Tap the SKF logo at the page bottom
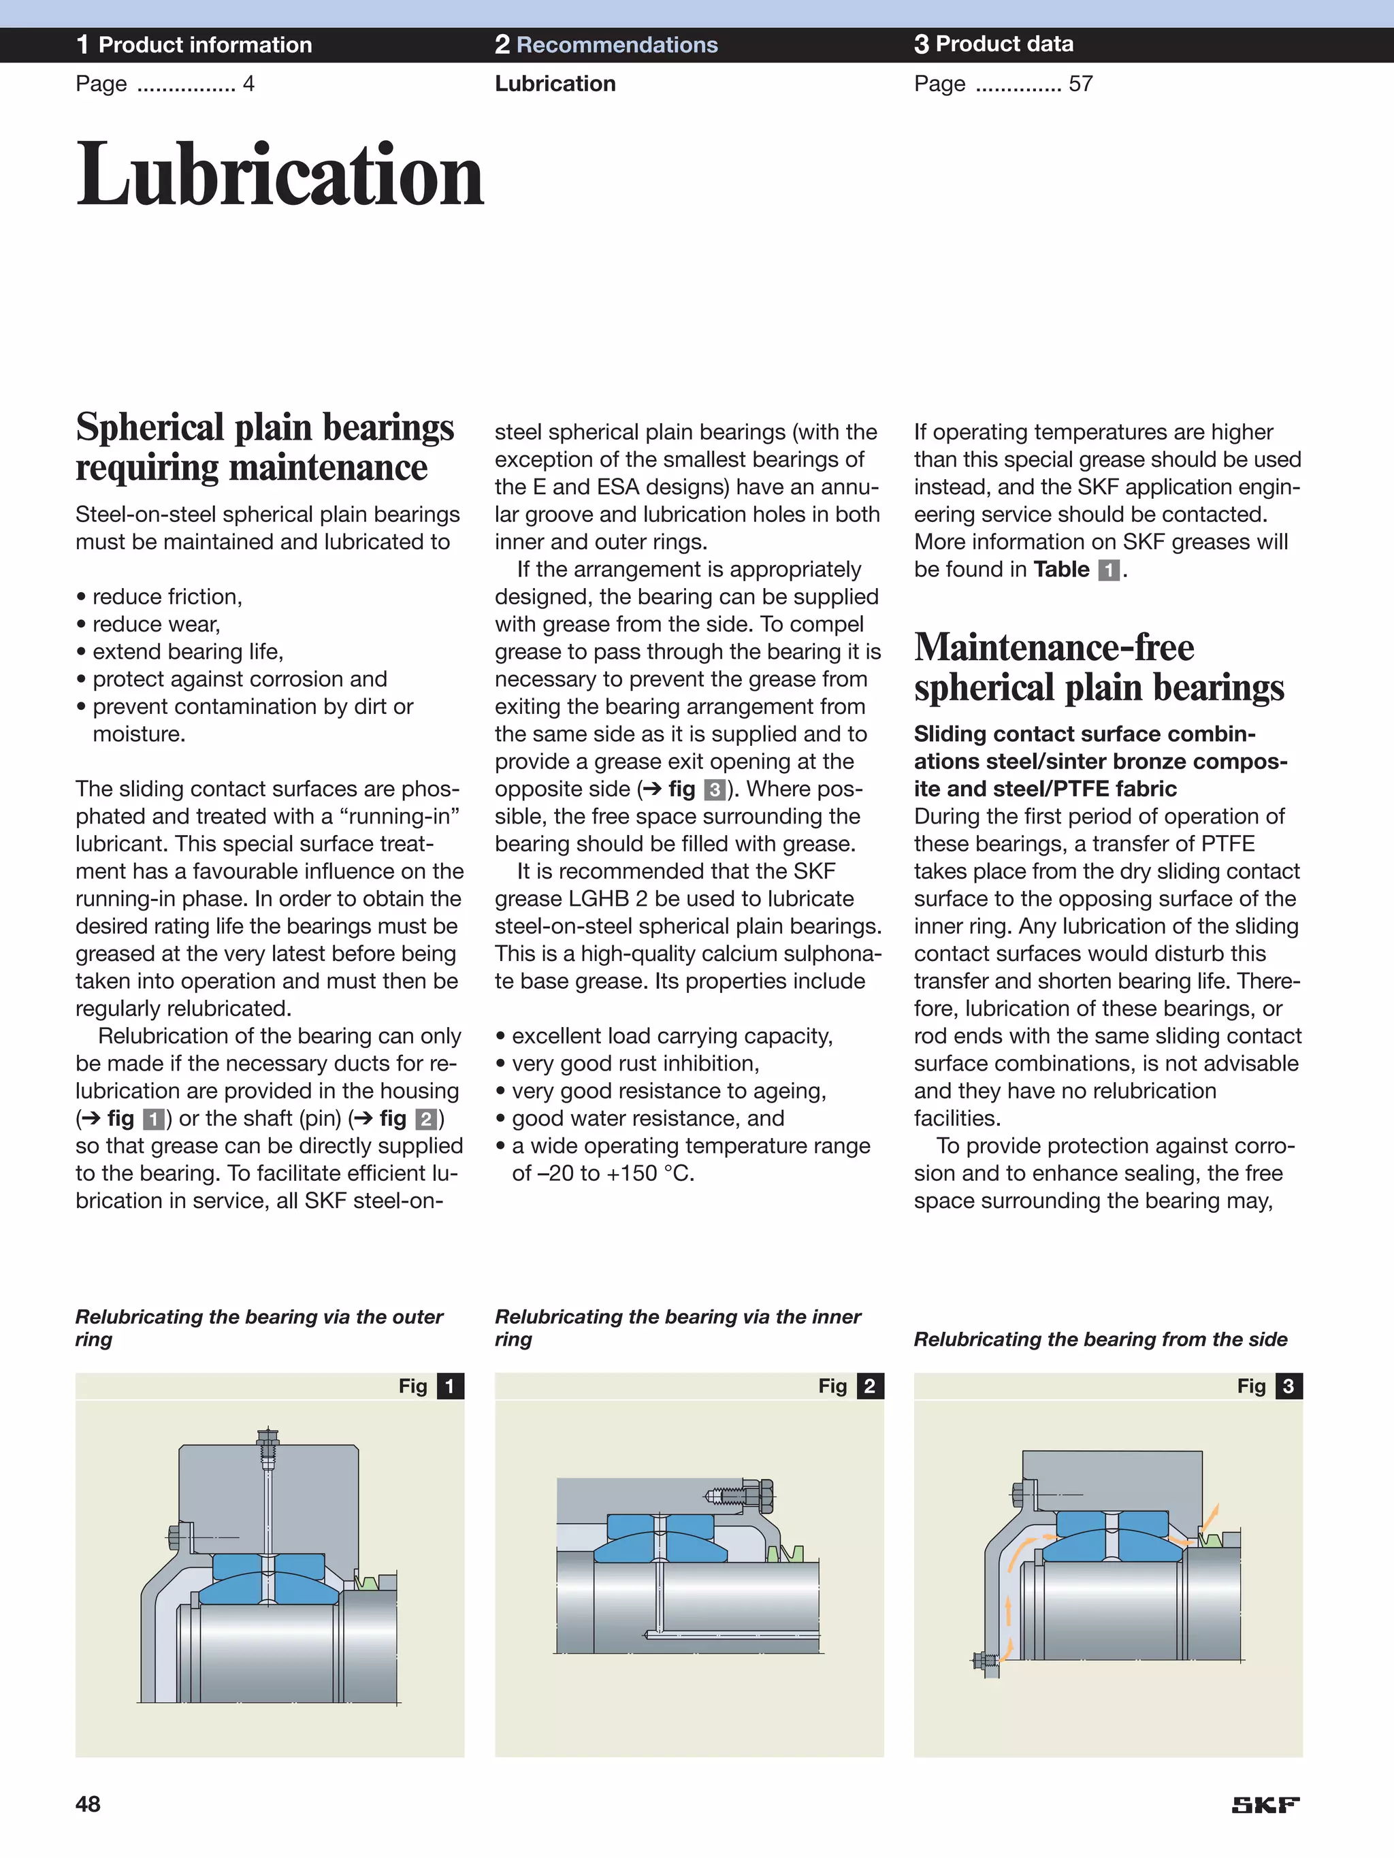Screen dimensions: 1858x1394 [1265, 1805]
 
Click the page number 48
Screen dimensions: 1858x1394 [88, 1804]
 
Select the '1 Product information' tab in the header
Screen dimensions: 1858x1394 [194, 44]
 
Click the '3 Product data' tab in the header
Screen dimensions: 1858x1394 [993, 44]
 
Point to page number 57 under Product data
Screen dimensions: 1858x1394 [1081, 84]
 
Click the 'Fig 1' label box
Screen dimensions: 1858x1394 [430, 1386]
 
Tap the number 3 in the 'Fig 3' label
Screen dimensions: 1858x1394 [1288, 1386]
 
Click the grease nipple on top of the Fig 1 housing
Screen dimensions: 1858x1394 [268, 1444]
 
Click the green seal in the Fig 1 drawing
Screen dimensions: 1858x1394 [366, 1582]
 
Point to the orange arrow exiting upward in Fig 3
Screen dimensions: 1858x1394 [1211, 1518]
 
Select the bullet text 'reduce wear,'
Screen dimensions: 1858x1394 [155, 624]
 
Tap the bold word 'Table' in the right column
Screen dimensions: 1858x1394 [1061, 570]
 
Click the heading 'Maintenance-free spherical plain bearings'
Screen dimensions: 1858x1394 [1098, 667]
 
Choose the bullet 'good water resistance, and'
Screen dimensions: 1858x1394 [647, 1118]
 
